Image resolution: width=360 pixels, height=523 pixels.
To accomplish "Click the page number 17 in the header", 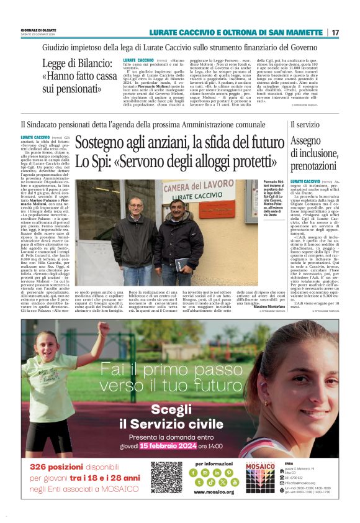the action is click(x=336, y=32).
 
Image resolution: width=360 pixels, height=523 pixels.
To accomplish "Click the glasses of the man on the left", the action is click(x=136, y=204).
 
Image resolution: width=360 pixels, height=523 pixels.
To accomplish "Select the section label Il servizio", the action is click(x=305, y=125).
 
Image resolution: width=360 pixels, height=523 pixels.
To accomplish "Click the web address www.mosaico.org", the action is click(x=214, y=492).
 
